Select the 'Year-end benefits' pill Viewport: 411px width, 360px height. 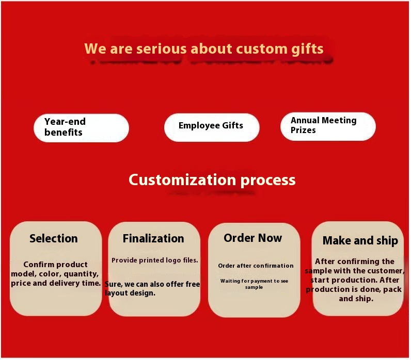click(x=81, y=127)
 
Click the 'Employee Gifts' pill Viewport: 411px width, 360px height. click(x=211, y=126)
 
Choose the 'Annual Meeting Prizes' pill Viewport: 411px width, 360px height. click(x=328, y=125)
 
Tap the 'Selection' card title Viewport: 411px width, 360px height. click(x=54, y=238)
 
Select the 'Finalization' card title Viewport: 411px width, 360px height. click(x=153, y=238)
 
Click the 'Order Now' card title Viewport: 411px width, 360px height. click(x=253, y=238)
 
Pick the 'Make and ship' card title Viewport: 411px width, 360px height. click(x=360, y=240)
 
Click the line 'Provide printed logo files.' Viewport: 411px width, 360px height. click(x=155, y=260)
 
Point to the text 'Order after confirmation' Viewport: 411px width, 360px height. click(x=256, y=266)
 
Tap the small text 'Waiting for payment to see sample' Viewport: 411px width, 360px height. click(x=254, y=284)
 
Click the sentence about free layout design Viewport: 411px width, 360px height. click(x=152, y=288)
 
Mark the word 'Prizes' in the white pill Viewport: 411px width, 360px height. click(x=303, y=130)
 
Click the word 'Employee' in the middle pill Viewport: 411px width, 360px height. click(x=196, y=126)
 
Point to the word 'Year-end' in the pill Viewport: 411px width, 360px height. click(x=65, y=122)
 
